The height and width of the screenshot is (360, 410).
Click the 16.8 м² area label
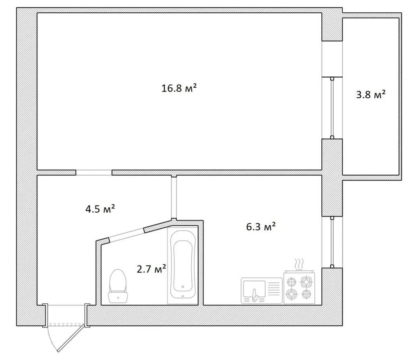179,88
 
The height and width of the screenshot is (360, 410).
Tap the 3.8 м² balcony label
371,94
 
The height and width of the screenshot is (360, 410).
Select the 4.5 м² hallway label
101,209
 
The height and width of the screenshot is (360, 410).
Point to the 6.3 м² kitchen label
261,227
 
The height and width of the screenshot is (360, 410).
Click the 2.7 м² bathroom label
151,269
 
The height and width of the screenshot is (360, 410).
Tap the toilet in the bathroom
118,286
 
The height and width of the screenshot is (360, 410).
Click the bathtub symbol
183,265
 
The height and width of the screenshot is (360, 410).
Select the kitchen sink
262,291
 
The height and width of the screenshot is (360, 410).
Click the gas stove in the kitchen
299,287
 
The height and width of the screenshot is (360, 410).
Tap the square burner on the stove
306,282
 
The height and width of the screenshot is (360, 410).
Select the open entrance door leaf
71,339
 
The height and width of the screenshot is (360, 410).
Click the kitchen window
332,242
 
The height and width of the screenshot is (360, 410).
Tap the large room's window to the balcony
332,108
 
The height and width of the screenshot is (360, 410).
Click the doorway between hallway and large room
94,172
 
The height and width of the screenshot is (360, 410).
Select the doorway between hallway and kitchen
174,197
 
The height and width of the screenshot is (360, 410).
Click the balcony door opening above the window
332,59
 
